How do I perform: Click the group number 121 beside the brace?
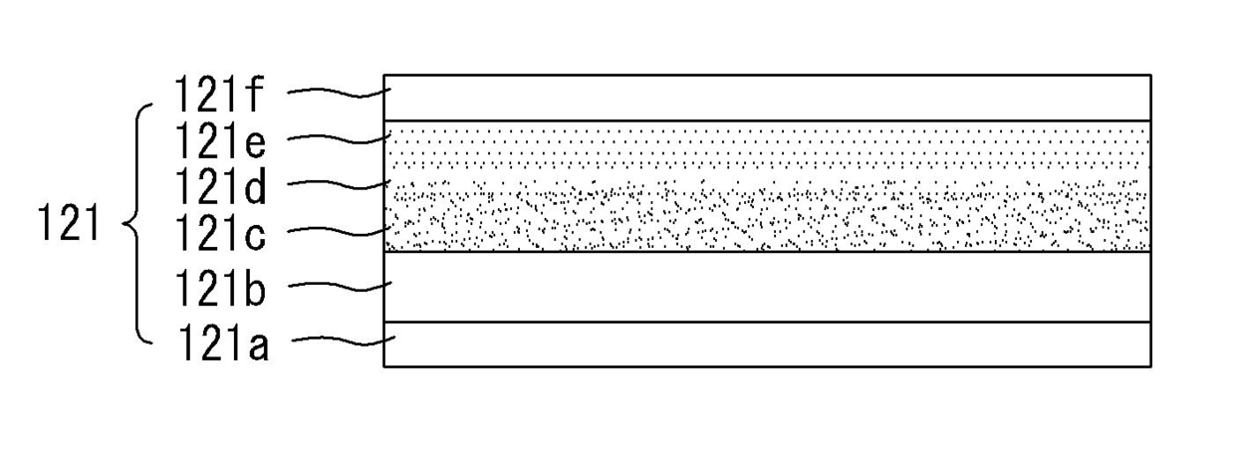coord(69,224)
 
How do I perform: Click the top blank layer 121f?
coord(767,98)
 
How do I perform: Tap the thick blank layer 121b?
coord(767,287)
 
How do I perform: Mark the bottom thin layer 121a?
coord(767,344)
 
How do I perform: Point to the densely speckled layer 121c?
coord(767,224)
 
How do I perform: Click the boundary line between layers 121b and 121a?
coord(767,323)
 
